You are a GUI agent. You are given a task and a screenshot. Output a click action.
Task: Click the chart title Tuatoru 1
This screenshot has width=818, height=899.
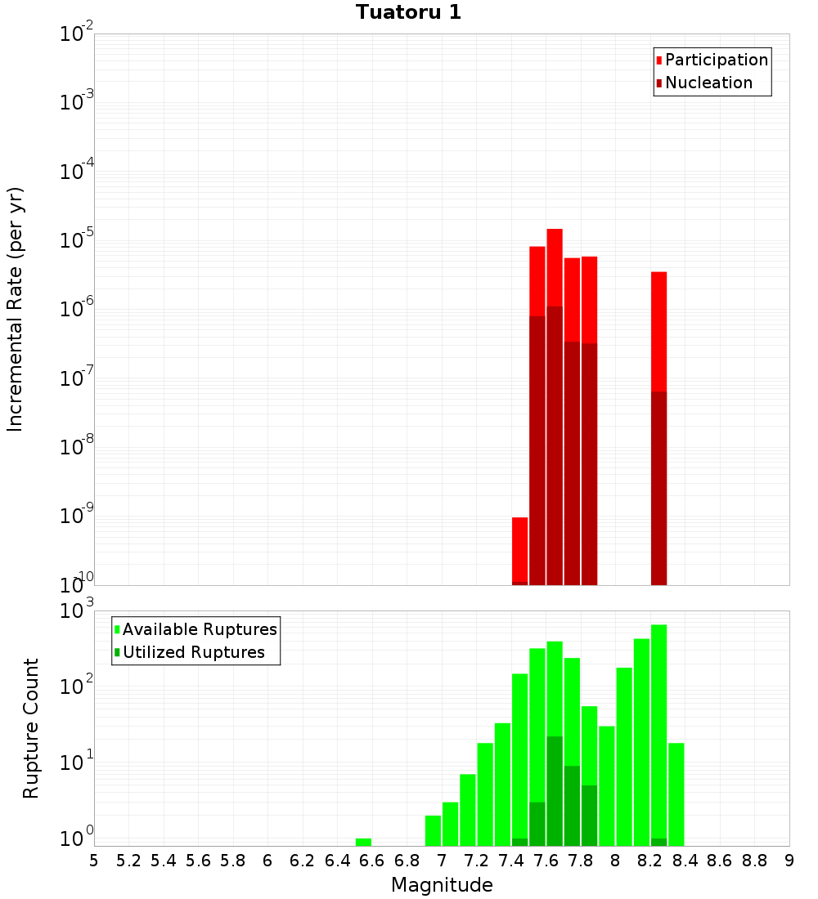[x=408, y=13]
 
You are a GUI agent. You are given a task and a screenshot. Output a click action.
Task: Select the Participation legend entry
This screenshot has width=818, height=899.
[x=716, y=60]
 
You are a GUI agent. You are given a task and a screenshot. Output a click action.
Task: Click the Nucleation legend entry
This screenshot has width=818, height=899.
[x=708, y=83]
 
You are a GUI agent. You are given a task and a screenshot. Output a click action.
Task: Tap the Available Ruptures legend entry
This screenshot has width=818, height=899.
[x=199, y=629]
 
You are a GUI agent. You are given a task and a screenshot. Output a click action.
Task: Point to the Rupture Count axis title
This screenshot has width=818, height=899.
[x=31, y=728]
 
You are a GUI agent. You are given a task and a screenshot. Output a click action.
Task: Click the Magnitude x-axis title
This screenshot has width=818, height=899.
[x=442, y=885]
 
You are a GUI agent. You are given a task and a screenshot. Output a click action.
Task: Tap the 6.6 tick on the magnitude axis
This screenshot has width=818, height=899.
[x=372, y=860]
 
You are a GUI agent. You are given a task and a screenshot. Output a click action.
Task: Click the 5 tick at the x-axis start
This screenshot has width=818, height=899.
[x=94, y=860]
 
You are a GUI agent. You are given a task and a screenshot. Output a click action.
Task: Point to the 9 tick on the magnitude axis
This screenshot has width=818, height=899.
[x=789, y=860]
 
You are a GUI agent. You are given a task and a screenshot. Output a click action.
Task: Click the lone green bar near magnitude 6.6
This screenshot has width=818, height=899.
[x=363, y=842]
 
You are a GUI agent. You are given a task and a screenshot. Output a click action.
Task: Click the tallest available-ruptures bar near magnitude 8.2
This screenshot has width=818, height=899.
[x=659, y=727]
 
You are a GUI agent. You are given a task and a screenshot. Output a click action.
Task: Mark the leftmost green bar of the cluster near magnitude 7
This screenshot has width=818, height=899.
[x=433, y=830]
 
